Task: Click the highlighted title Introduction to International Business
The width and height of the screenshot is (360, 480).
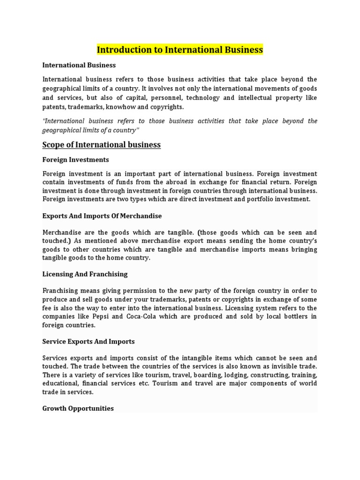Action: [x=180, y=50]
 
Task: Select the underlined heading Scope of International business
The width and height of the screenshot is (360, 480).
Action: [x=102, y=145]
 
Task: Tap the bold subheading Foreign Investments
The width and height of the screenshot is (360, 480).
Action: [x=75, y=160]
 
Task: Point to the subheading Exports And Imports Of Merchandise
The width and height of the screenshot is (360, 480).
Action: [x=102, y=216]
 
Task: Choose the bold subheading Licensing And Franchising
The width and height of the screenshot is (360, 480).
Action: [x=85, y=274]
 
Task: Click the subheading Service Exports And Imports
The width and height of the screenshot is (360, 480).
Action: [x=89, y=342]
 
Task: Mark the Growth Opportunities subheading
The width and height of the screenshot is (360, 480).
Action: [x=78, y=408]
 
